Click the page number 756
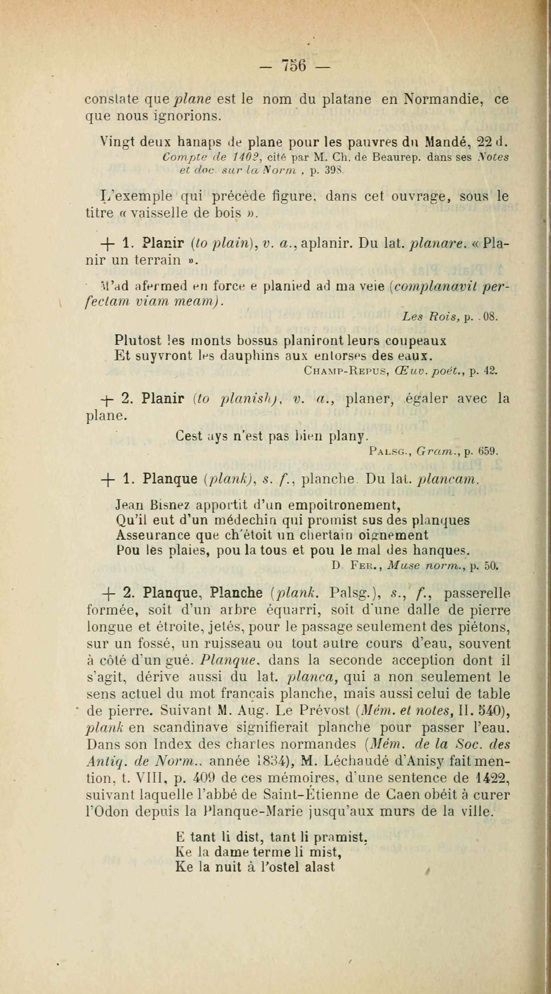pyautogui.click(x=294, y=65)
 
